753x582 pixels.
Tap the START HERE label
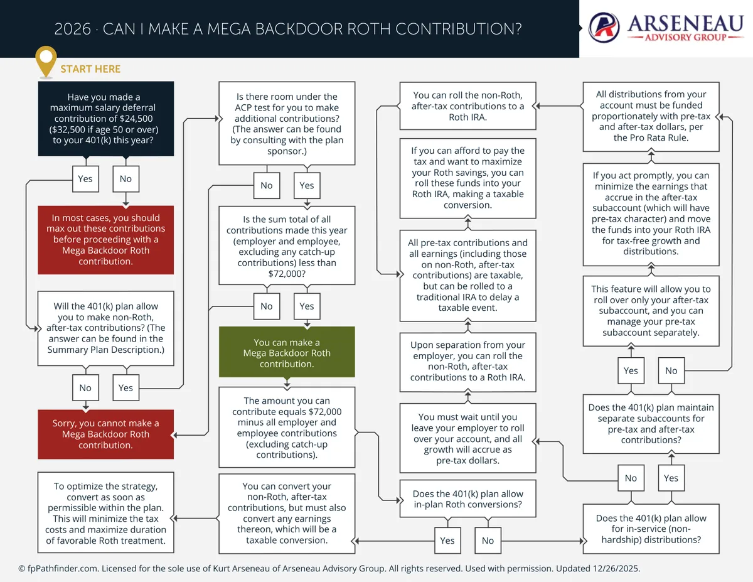point(90,69)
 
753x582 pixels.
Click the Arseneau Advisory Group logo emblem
point(603,28)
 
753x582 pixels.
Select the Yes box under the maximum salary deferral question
point(85,179)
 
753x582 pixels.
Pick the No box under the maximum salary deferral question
point(125,179)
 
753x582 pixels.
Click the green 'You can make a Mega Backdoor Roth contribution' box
point(287,353)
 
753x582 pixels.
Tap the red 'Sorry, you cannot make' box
point(105,434)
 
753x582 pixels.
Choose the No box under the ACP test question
point(267,185)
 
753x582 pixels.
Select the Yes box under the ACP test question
point(307,185)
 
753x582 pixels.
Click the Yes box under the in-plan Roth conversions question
point(447,541)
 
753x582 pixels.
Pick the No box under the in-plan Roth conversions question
point(488,541)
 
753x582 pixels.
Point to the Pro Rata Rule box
point(651,116)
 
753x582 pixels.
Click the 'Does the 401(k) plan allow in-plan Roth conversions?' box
point(468,498)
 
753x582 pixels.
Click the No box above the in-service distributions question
point(631,478)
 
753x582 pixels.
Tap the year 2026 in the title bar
point(72,29)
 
